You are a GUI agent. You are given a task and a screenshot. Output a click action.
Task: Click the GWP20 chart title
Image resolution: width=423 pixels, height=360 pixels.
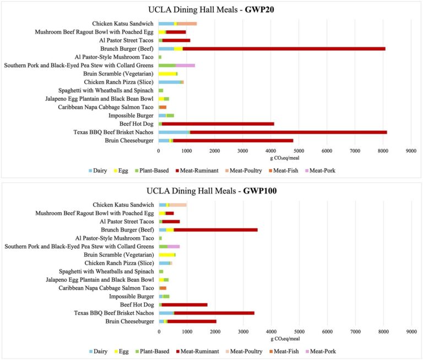[x=211, y=10]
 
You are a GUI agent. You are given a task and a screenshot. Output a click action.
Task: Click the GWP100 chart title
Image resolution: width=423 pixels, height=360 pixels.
[x=211, y=191]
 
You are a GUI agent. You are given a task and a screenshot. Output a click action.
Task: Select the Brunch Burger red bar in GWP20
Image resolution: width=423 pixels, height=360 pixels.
[x=284, y=49]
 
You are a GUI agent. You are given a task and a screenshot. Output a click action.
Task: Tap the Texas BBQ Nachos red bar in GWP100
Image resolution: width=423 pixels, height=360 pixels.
[x=214, y=313]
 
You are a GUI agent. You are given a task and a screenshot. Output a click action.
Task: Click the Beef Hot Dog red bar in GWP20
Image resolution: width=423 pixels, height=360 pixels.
[x=218, y=124]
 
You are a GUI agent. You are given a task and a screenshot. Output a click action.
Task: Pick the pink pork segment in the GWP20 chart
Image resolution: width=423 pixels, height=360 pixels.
[x=185, y=66]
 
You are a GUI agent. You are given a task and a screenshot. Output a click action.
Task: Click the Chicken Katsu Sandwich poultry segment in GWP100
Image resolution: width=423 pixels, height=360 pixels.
[x=178, y=205]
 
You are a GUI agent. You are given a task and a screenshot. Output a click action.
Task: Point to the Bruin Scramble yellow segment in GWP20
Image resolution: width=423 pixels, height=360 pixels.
[x=167, y=74]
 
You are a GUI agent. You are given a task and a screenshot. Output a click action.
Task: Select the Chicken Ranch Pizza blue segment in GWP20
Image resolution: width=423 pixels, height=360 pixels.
[x=169, y=82]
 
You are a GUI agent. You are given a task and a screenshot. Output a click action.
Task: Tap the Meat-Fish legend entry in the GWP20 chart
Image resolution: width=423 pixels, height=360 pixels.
[x=284, y=171]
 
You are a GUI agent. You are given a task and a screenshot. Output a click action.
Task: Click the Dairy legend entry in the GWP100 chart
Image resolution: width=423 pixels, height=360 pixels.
[x=98, y=351]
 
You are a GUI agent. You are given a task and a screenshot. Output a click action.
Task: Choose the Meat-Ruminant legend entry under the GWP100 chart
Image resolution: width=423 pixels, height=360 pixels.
[x=198, y=351]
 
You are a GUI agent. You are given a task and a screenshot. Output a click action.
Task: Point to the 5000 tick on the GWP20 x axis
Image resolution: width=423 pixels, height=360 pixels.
[x=299, y=151]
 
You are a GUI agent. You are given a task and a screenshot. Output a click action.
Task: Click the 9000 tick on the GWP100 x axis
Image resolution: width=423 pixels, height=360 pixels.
[x=411, y=332]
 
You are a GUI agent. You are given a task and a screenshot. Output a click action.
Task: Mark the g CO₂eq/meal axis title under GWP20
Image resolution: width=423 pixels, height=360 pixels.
[x=285, y=158]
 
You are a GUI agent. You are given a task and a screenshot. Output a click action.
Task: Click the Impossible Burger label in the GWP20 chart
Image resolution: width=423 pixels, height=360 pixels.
[x=131, y=116]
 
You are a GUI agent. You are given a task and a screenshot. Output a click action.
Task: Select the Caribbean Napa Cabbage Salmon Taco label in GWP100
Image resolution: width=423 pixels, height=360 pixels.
[x=106, y=288]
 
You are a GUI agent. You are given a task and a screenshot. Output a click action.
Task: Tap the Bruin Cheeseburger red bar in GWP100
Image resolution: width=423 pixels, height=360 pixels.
[x=192, y=321]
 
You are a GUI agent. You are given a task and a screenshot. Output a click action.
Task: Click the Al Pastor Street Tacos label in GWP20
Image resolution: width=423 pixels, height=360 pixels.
[x=126, y=40]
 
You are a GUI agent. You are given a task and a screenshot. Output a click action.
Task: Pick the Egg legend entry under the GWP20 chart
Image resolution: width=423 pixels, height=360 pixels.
[x=121, y=171]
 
